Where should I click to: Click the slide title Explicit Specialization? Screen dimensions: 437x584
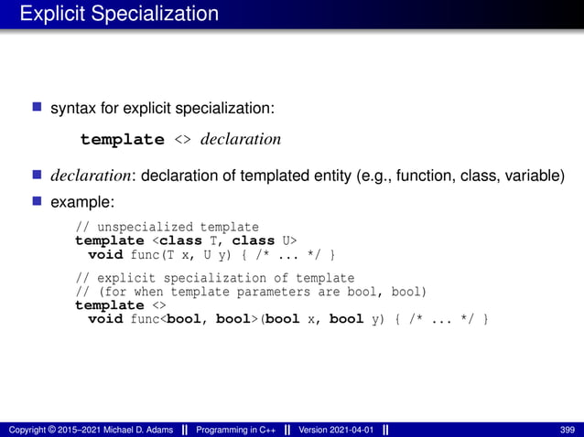tap(119, 14)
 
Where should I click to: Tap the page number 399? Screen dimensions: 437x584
tap(567, 430)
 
